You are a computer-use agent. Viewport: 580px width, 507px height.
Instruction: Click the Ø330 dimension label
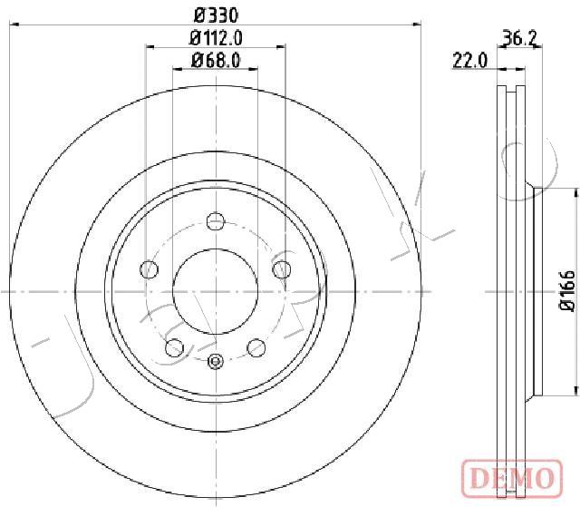coord(217,15)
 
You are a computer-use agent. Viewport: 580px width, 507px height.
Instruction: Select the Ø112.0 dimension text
coord(216,38)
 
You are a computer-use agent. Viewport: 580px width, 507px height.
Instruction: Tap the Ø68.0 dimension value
coord(216,61)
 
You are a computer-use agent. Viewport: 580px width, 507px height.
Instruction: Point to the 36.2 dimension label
coord(520,38)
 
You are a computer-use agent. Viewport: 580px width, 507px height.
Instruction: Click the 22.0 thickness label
coord(470,61)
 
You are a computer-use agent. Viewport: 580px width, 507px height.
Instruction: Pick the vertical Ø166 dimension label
coord(566,291)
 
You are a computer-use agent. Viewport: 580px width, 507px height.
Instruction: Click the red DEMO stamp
coord(513,477)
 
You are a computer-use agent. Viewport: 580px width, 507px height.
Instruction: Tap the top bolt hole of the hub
coord(216,221)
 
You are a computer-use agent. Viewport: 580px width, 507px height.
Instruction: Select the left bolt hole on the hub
coord(149,269)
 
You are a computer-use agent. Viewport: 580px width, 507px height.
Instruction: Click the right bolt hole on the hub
coord(282,269)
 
